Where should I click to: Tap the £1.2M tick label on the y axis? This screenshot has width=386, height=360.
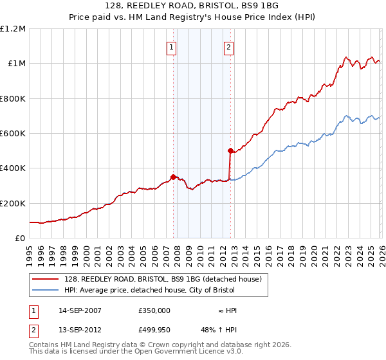coord(13,29)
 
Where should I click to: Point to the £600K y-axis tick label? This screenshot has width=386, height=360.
coord(13,134)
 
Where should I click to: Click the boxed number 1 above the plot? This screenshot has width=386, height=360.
coord(172,46)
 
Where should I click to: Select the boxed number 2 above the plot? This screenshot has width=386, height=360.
coord(229,46)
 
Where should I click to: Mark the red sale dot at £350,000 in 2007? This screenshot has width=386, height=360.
coord(173,177)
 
